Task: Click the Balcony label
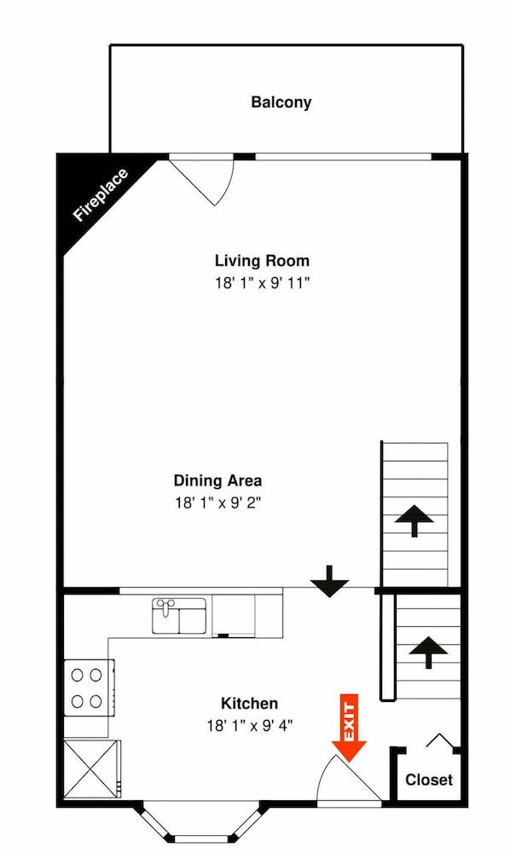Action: click(x=281, y=102)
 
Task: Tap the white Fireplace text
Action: click(x=101, y=195)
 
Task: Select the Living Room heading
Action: click(x=262, y=260)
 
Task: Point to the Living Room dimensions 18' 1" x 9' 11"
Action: click(x=262, y=283)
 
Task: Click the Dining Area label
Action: click(x=217, y=480)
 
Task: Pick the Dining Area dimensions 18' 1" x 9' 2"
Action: click(x=218, y=503)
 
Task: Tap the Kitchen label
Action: click(x=250, y=704)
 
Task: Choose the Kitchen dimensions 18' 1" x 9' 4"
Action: click(x=250, y=726)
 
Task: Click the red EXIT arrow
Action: click(x=349, y=728)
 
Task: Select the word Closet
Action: click(x=429, y=780)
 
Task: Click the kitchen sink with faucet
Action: click(x=179, y=616)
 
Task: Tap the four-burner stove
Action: click(x=90, y=688)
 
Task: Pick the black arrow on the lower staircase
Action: click(x=428, y=652)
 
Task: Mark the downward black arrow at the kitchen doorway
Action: click(x=329, y=582)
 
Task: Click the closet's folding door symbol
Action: click(x=439, y=741)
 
